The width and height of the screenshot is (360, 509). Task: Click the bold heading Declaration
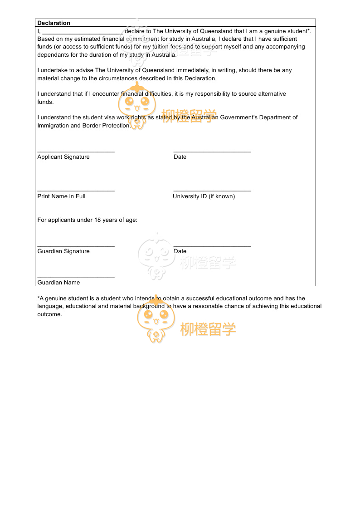pos(54,23)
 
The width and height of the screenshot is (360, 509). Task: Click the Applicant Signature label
pos(63,157)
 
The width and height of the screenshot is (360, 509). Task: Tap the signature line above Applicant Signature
pos(76,152)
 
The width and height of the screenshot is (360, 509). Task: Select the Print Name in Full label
pos(61,196)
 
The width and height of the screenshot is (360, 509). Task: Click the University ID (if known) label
pos(204,196)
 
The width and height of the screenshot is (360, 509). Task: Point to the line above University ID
pos(212,191)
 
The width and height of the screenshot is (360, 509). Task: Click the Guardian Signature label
pos(63,251)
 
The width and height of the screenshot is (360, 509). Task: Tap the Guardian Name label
pos(58,283)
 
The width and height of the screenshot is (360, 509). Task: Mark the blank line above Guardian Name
pos(76,277)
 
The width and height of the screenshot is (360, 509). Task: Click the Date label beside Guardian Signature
pos(180,251)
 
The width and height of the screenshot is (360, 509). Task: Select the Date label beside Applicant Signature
pos(180,157)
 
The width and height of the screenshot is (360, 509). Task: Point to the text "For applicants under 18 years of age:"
pos(87,220)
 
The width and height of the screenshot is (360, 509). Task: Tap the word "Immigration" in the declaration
pos(53,126)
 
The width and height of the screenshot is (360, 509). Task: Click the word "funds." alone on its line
pos(45,102)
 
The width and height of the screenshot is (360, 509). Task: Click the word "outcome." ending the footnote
pos(49,314)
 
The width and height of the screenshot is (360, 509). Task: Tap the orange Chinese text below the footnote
pos(208,330)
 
